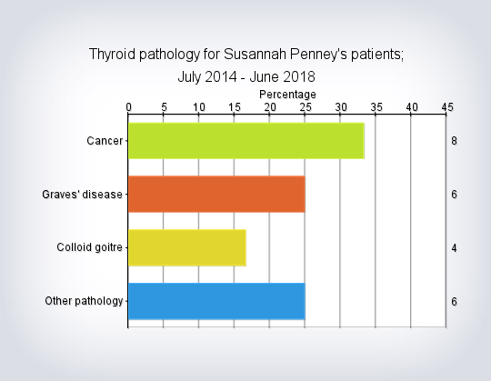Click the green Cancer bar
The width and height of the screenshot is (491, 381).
[x=246, y=141]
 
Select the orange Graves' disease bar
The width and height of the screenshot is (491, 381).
[x=216, y=194]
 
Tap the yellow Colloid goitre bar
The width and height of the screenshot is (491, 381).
[x=187, y=247]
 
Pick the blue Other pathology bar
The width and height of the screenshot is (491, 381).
[x=216, y=301]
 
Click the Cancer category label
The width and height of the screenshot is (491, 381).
[x=105, y=141]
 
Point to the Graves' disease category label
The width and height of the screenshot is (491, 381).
[x=82, y=195]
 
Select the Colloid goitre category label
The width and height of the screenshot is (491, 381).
[x=89, y=247]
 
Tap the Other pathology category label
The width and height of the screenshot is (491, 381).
[x=84, y=301]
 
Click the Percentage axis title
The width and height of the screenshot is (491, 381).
[x=287, y=95]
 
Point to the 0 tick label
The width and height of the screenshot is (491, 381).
[x=128, y=107]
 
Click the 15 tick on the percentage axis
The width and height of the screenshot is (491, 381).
[x=235, y=107]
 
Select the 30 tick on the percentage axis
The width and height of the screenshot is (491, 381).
[x=341, y=107]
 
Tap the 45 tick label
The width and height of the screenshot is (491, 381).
[x=447, y=107]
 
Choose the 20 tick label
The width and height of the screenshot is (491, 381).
[x=270, y=107]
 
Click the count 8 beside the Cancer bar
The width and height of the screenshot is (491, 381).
[x=454, y=141]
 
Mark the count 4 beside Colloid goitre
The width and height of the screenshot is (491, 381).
[x=454, y=248]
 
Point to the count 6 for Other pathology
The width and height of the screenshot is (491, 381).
[x=454, y=302]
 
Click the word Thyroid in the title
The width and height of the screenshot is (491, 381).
[x=112, y=55]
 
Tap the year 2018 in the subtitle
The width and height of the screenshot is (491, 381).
[x=299, y=76]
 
